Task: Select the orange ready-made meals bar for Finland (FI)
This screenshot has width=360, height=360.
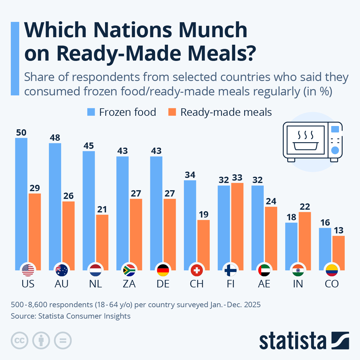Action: pyautogui.click(x=237, y=225)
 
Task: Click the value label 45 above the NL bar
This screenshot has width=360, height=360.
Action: pyautogui.click(x=89, y=146)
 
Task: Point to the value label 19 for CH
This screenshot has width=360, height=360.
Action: pyautogui.click(x=203, y=214)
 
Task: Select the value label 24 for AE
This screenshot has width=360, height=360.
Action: pyautogui.click(x=271, y=201)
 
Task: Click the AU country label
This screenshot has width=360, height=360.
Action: pyautogui.click(x=61, y=284)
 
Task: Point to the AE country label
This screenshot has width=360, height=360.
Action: pyautogui.click(x=264, y=284)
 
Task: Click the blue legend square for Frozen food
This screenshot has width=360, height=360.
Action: pyautogui.click(x=91, y=112)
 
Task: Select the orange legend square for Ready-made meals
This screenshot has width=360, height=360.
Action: pyautogui.click(x=172, y=112)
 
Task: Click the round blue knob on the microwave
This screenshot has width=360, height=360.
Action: pyautogui.click(x=335, y=150)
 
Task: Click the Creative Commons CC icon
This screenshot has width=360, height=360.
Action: pyautogui.click(x=19, y=340)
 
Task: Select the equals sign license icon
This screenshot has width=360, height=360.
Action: pyautogui.click(x=63, y=340)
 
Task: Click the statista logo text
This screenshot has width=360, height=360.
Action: pyautogui.click(x=292, y=341)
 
